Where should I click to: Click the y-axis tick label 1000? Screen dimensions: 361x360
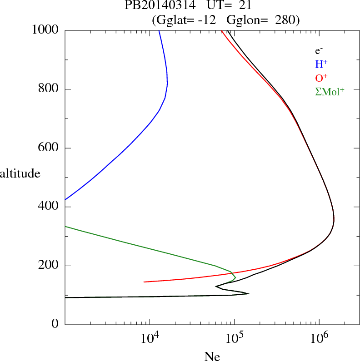pyautogui.click(x=46, y=30)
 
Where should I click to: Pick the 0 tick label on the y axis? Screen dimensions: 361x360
pyautogui.click(x=55, y=324)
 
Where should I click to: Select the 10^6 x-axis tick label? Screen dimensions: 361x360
pyautogui.click(x=319, y=338)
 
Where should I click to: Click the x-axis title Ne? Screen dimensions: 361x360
pyautogui.click(x=211, y=357)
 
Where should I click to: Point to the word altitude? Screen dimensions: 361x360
pyautogui.click(x=20, y=173)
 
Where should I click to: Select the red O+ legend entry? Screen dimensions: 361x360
pyautogui.click(x=321, y=78)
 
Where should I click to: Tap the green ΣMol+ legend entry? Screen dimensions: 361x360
pyautogui.click(x=330, y=91)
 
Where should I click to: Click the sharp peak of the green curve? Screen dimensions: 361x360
pyautogui.click(x=235, y=276)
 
